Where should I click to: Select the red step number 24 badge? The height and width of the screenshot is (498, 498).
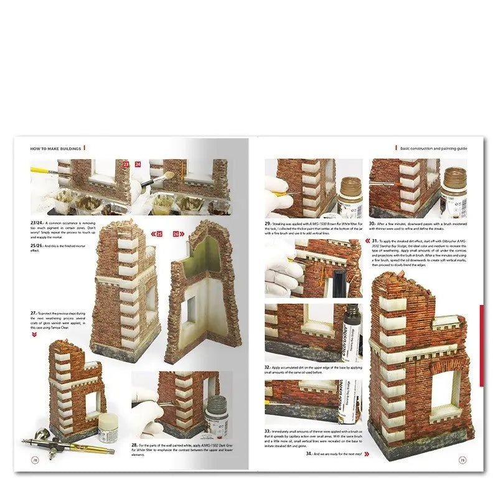138,164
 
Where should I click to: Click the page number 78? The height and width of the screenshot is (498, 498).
34,461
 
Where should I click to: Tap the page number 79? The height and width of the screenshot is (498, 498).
463,461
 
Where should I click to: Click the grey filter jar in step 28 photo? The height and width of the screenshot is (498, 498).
216,418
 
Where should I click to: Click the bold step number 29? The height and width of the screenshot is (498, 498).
268,222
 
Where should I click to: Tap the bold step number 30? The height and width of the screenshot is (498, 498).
372,222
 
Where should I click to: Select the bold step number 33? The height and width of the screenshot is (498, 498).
268,430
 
